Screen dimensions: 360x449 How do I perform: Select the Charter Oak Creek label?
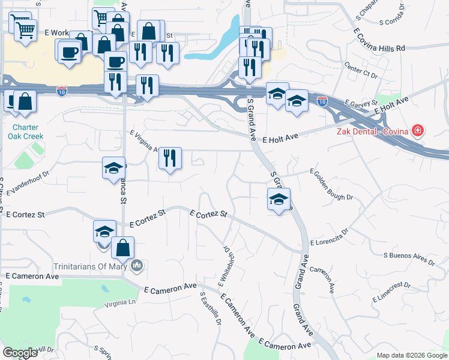[25, 131]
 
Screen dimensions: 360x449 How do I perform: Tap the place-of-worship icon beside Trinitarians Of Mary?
[137, 265]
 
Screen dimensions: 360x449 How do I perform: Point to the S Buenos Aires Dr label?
[409, 259]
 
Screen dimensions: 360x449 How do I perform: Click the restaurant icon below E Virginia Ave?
[170, 158]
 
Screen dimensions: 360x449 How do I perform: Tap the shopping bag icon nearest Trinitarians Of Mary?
[122, 247]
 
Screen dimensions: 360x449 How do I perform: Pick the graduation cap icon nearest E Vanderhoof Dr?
[113, 169]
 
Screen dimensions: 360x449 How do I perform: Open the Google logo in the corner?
[20, 353]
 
